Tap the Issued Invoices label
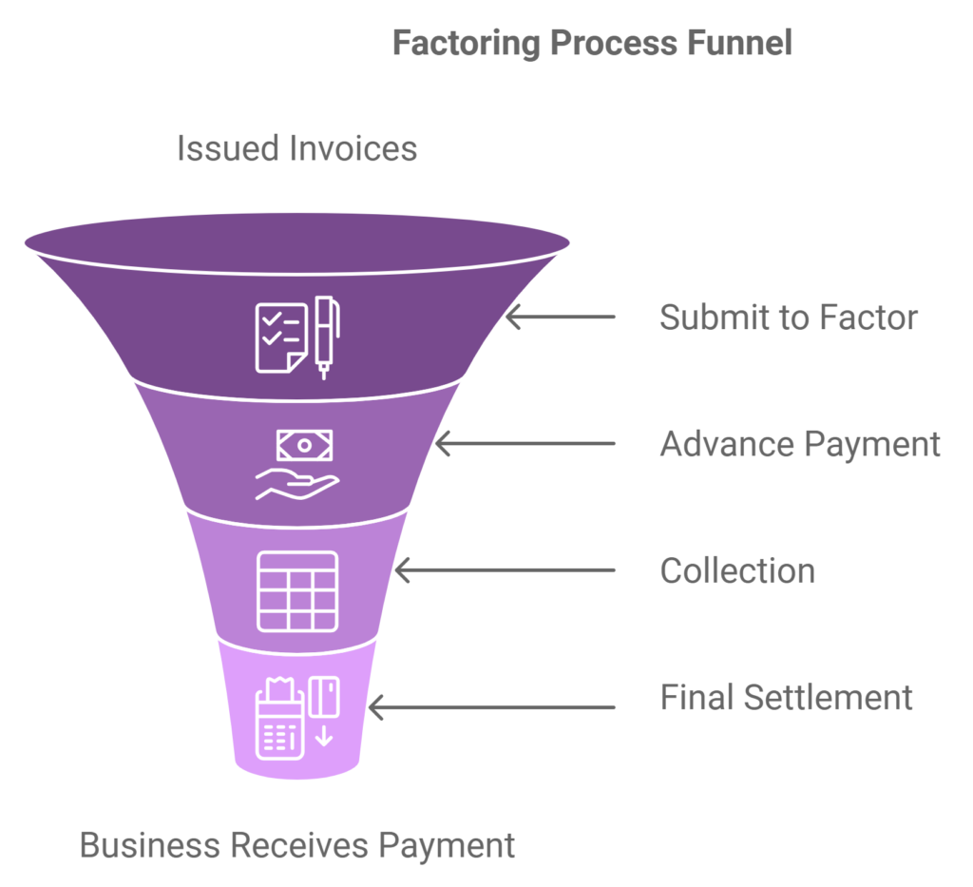tap(296, 149)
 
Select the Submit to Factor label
tap(789, 317)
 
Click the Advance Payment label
tap(800, 444)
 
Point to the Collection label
tap(737, 570)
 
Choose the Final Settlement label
tap(786, 697)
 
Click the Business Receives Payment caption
tap(296, 844)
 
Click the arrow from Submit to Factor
tap(560, 317)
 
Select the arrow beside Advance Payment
tap(525, 444)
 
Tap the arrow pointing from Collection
tap(505, 570)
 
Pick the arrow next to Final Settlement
tap(491, 707)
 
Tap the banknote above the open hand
tap(304, 445)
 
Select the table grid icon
tap(297, 590)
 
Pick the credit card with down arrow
tap(324, 708)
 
